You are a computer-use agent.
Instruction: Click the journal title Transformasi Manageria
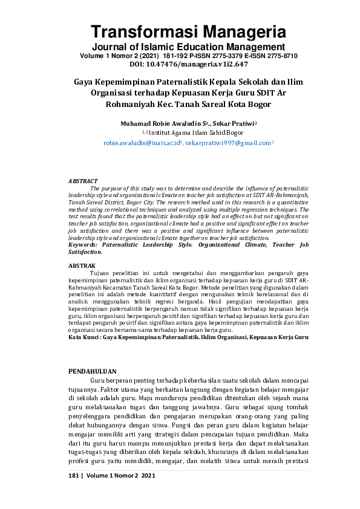coord(180,32)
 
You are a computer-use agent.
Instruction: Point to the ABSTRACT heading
coord(82,181)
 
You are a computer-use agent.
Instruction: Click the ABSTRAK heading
coord(81,265)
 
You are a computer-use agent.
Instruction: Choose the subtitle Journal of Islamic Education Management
coord(180,47)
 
